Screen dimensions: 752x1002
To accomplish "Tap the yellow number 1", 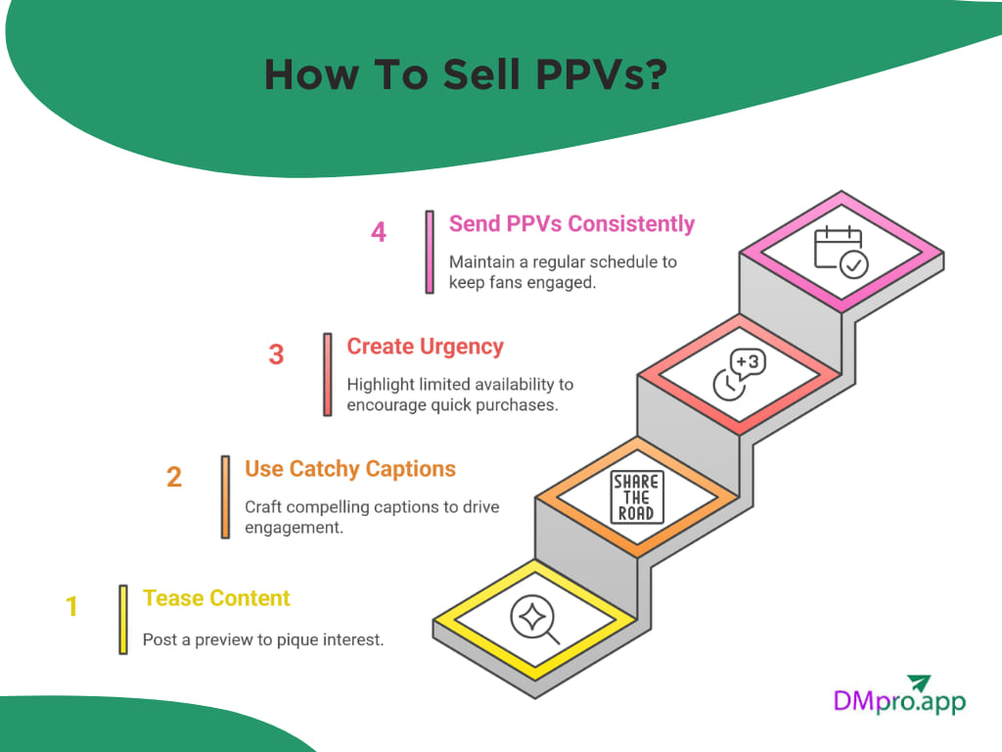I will [x=71, y=607].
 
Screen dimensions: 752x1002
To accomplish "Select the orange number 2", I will [x=174, y=477].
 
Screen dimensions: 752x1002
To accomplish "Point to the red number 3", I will [x=276, y=354].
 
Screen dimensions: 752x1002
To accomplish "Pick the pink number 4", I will [x=379, y=232].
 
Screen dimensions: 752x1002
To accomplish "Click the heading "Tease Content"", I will [x=216, y=598].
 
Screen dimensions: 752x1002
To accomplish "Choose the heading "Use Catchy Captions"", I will [x=350, y=469].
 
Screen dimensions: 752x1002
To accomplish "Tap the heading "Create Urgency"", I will [x=426, y=347].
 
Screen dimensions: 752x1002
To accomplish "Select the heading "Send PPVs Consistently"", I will [x=571, y=224].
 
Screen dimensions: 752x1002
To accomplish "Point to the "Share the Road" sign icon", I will [x=637, y=497].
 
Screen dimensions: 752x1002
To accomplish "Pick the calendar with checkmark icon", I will [x=840, y=252].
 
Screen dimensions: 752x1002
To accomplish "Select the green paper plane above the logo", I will [x=918, y=681].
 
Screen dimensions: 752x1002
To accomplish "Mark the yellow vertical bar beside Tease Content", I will [x=123, y=619].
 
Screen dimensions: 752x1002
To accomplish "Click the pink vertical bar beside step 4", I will [x=430, y=252].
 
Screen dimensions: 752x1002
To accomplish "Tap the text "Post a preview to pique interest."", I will [x=263, y=640].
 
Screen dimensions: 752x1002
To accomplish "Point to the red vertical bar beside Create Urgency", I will [x=328, y=374].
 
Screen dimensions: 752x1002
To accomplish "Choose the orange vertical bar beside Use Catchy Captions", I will [x=225, y=496].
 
